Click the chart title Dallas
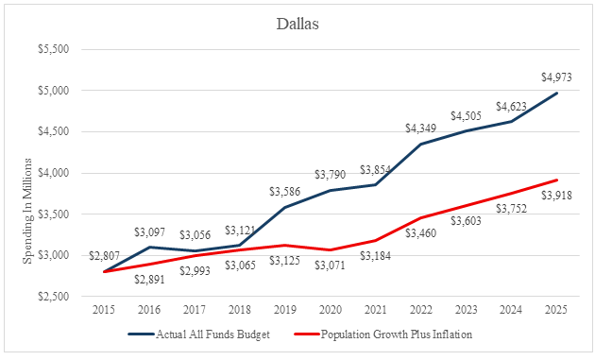[297, 24]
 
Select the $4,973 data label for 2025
[556, 77]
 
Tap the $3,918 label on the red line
[556, 196]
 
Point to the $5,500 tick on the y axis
[54, 49]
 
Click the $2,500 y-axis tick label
[54, 296]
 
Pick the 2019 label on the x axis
[285, 310]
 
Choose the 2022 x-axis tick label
[421, 310]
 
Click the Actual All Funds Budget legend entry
[199, 334]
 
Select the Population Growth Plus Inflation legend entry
[383, 334]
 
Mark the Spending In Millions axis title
[27, 211]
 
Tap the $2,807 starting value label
[104, 256]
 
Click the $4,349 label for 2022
[421, 129]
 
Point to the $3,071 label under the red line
[331, 266]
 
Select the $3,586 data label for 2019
[285, 192]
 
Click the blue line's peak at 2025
[557, 93]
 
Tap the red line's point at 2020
[331, 249]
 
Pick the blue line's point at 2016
[149, 248]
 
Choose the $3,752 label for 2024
[511, 209]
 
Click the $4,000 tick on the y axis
[54, 173]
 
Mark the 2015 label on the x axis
[104, 310]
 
